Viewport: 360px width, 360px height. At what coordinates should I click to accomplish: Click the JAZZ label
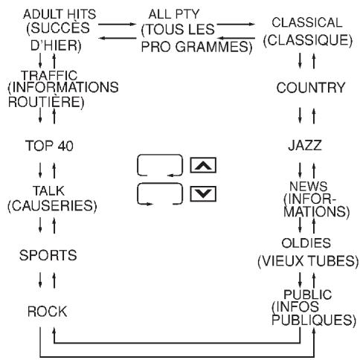305,146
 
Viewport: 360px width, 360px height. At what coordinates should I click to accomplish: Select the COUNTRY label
311,88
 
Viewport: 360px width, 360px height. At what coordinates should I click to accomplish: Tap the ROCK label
48,312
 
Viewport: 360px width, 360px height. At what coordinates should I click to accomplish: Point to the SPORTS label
48,255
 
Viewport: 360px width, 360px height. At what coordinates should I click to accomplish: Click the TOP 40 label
49,146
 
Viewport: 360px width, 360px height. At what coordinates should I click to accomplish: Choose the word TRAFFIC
49,75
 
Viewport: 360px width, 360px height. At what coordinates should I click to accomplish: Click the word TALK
48,190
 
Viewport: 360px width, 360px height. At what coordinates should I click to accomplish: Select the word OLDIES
306,243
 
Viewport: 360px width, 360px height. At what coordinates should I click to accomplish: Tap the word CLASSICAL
307,22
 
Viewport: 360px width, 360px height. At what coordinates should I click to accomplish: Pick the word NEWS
309,186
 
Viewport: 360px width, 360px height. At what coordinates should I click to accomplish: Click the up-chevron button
203,165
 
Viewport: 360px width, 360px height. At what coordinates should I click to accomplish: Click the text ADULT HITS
60,14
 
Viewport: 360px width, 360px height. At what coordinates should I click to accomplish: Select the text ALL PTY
174,14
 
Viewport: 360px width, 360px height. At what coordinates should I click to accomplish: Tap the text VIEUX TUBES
308,261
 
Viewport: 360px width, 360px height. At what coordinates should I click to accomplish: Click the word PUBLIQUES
312,320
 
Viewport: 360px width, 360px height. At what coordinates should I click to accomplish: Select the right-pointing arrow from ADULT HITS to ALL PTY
117,25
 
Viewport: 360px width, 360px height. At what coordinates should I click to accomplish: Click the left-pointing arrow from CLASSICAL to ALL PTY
236,38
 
